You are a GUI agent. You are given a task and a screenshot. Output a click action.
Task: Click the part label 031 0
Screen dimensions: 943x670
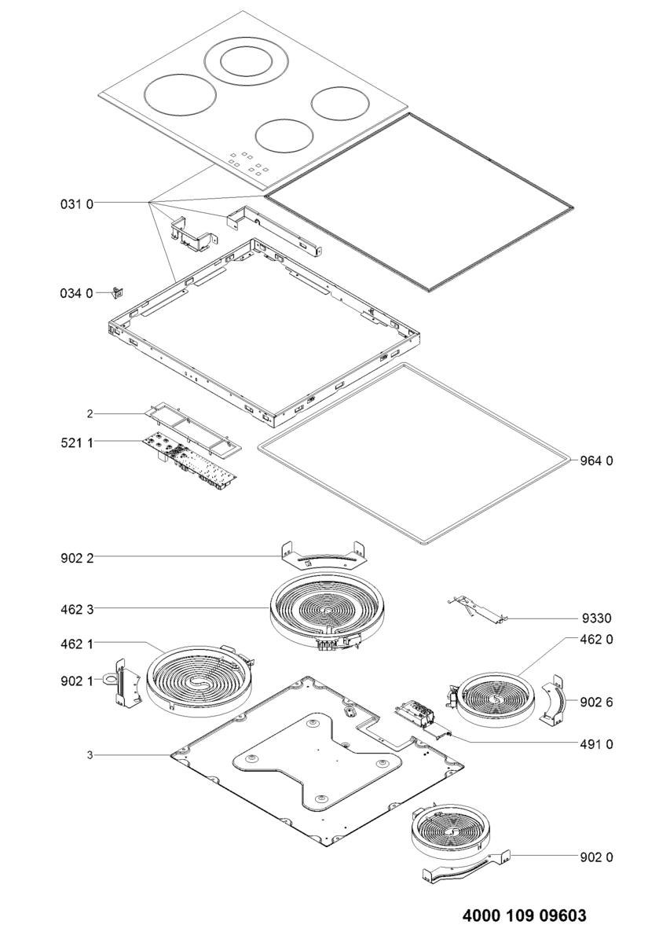coord(77,204)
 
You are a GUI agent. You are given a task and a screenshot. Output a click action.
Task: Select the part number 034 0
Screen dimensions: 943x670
coord(77,293)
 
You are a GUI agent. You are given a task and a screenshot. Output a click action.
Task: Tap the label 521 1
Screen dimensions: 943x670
coord(77,443)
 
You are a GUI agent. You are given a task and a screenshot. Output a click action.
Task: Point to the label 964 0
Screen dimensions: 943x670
coord(597,460)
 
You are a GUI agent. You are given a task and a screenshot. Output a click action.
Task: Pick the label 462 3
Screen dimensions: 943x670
coord(77,608)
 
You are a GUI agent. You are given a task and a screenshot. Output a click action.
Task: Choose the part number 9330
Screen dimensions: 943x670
coord(597,619)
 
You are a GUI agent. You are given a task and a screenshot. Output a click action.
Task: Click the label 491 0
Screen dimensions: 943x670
coord(597,743)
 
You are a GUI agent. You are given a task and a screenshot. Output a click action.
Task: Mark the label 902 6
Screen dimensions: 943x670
coord(597,702)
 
